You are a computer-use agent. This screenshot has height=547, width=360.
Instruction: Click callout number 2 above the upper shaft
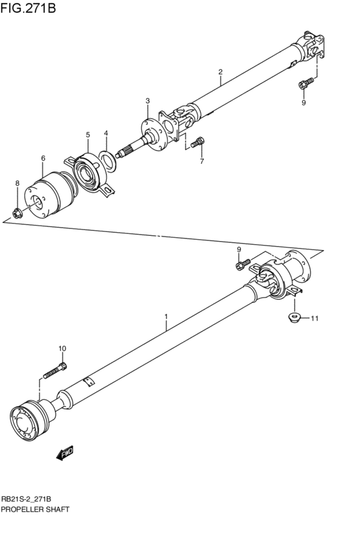pyautogui.click(x=220, y=71)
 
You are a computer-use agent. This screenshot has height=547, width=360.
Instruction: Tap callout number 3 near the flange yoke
pyautogui.click(x=147, y=101)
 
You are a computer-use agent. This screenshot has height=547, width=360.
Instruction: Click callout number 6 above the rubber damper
pyautogui.click(x=43, y=157)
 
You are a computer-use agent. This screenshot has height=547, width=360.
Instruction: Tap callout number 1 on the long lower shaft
pyautogui.click(x=166, y=316)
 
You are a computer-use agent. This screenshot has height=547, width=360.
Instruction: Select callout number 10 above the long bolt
pyautogui.click(x=62, y=348)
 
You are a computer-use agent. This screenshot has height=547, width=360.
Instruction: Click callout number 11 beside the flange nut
pyautogui.click(x=314, y=318)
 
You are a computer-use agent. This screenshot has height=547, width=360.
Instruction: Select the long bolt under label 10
pyautogui.click(x=54, y=372)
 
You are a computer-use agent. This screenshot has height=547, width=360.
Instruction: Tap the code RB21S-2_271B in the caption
pyautogui.click(x=26, y=499)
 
